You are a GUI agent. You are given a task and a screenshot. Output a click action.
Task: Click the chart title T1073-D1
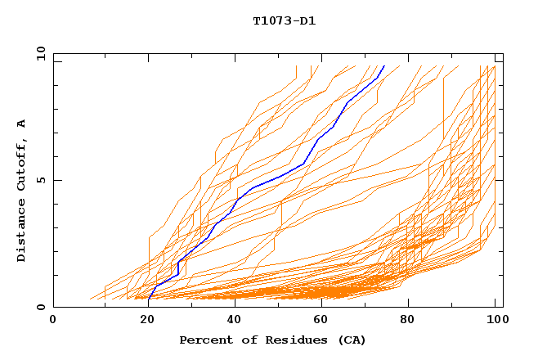[x=284, y=20]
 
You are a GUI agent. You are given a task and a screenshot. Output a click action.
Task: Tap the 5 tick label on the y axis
[x=40, y=180]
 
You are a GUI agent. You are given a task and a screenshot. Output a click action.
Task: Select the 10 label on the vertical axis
[x=38, y=53]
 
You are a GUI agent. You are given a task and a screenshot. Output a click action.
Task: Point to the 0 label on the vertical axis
[x=40, y=307]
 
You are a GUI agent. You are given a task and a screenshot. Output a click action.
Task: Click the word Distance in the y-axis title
[x=21, y=231]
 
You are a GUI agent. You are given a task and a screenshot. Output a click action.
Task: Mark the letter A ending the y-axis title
[x=21, y=124]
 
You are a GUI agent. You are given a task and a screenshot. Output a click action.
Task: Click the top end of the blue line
[x=384, y=66]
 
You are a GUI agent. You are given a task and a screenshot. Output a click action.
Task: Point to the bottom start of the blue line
[x=149, y=299]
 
